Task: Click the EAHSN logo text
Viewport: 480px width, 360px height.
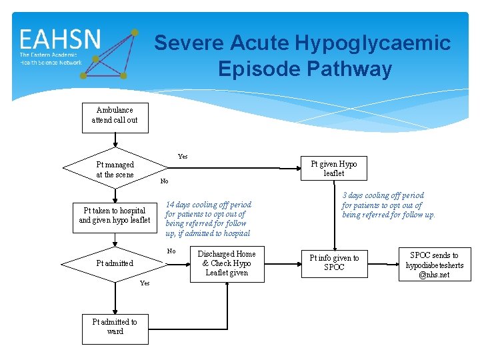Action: (x=60, y=39)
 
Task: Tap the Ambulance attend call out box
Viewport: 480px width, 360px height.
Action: (x=115, y=115)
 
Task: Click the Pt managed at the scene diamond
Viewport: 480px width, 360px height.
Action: (x=115, y=169)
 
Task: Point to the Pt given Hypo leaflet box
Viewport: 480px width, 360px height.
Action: (x=334, y=169)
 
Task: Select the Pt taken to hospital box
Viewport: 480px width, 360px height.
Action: (x=115, y=215)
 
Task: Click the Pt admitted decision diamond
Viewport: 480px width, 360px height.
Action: (x=115, y=263)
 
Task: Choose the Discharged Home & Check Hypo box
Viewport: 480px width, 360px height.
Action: (x=227, y=263)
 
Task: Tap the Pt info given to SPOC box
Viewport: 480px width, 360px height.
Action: (x=334, y=263)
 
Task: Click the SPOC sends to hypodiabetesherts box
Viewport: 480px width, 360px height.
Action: (x=434, y=265)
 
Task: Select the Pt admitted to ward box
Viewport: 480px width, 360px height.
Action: (x=115, y=327)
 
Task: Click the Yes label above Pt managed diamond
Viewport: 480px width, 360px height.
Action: (x=183, y=157)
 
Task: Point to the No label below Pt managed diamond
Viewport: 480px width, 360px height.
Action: (x=165, y=181)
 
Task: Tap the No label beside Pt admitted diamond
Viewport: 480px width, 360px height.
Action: (x=171, y=251)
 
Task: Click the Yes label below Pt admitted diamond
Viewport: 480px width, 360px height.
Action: (x=145, y=283)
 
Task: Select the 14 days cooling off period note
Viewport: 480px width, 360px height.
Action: (x=209, y=219)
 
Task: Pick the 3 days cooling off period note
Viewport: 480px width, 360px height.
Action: (x=389, y=205)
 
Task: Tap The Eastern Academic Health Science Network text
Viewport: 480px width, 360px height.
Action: (x=51, y=59)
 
